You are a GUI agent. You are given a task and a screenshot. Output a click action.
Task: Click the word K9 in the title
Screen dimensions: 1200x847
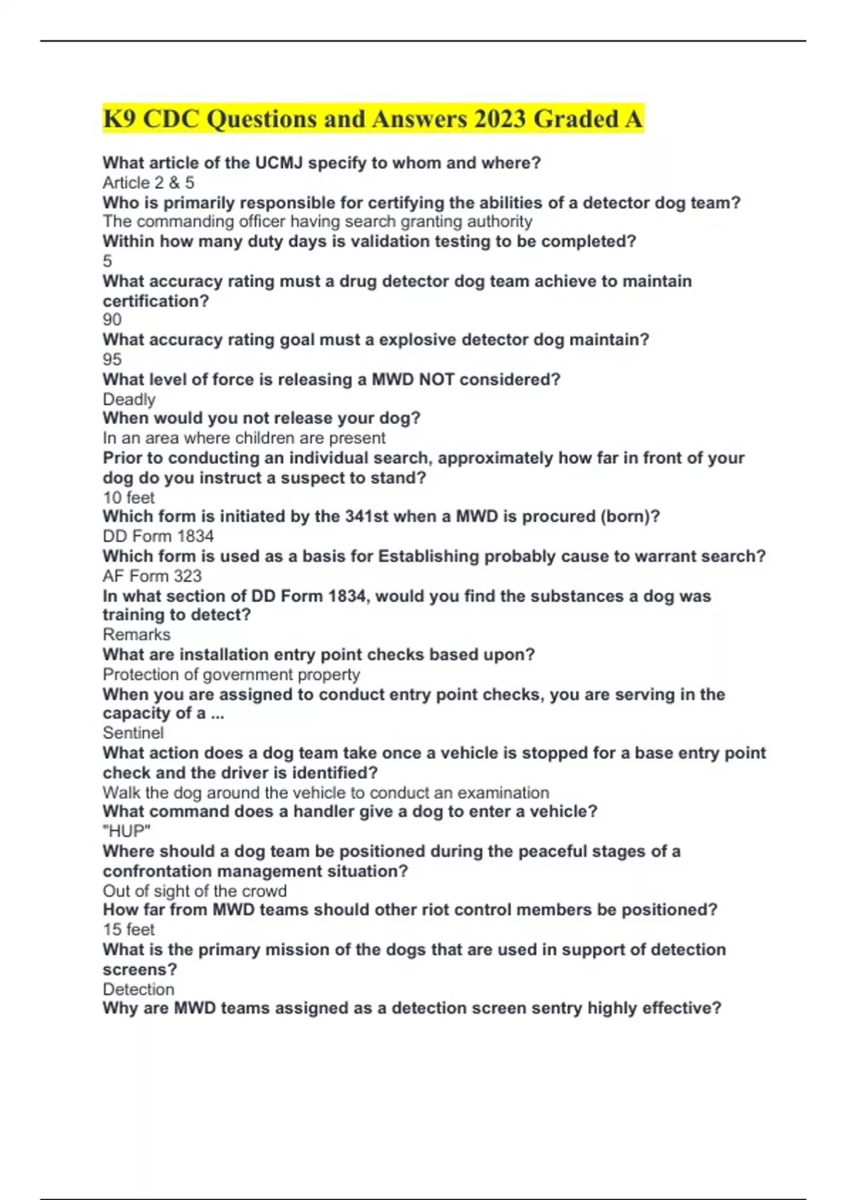coord(120,119)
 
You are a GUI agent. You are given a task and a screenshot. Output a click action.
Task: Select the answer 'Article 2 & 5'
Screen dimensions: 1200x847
coord(148,183)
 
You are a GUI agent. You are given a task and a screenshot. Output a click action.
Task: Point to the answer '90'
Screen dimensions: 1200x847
coord(112,320)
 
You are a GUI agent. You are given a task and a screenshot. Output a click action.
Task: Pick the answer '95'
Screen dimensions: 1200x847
coord(112,359)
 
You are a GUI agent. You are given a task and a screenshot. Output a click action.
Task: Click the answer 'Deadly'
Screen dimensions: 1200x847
coord(129,400)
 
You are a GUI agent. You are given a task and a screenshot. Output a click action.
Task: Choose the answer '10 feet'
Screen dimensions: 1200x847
coord(128,498)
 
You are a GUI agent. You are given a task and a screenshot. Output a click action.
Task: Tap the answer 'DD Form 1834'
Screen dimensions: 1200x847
coord(158,536)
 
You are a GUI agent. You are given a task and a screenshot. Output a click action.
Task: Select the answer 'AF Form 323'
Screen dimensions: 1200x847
coord(152,576)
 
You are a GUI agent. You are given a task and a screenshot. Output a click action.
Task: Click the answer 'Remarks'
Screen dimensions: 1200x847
coord(136,635)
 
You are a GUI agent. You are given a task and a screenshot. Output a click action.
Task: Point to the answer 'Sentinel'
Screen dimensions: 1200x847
coord(133,733)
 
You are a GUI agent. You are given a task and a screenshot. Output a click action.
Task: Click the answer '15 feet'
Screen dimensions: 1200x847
coord(128,930)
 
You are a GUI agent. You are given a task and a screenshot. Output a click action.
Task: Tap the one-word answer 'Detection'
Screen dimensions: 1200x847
coord(138,990)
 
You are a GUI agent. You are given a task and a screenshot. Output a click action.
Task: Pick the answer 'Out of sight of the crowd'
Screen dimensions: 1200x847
coord(195,891)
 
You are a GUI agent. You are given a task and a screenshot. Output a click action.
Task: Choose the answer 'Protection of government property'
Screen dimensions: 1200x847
coord(232,675)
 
